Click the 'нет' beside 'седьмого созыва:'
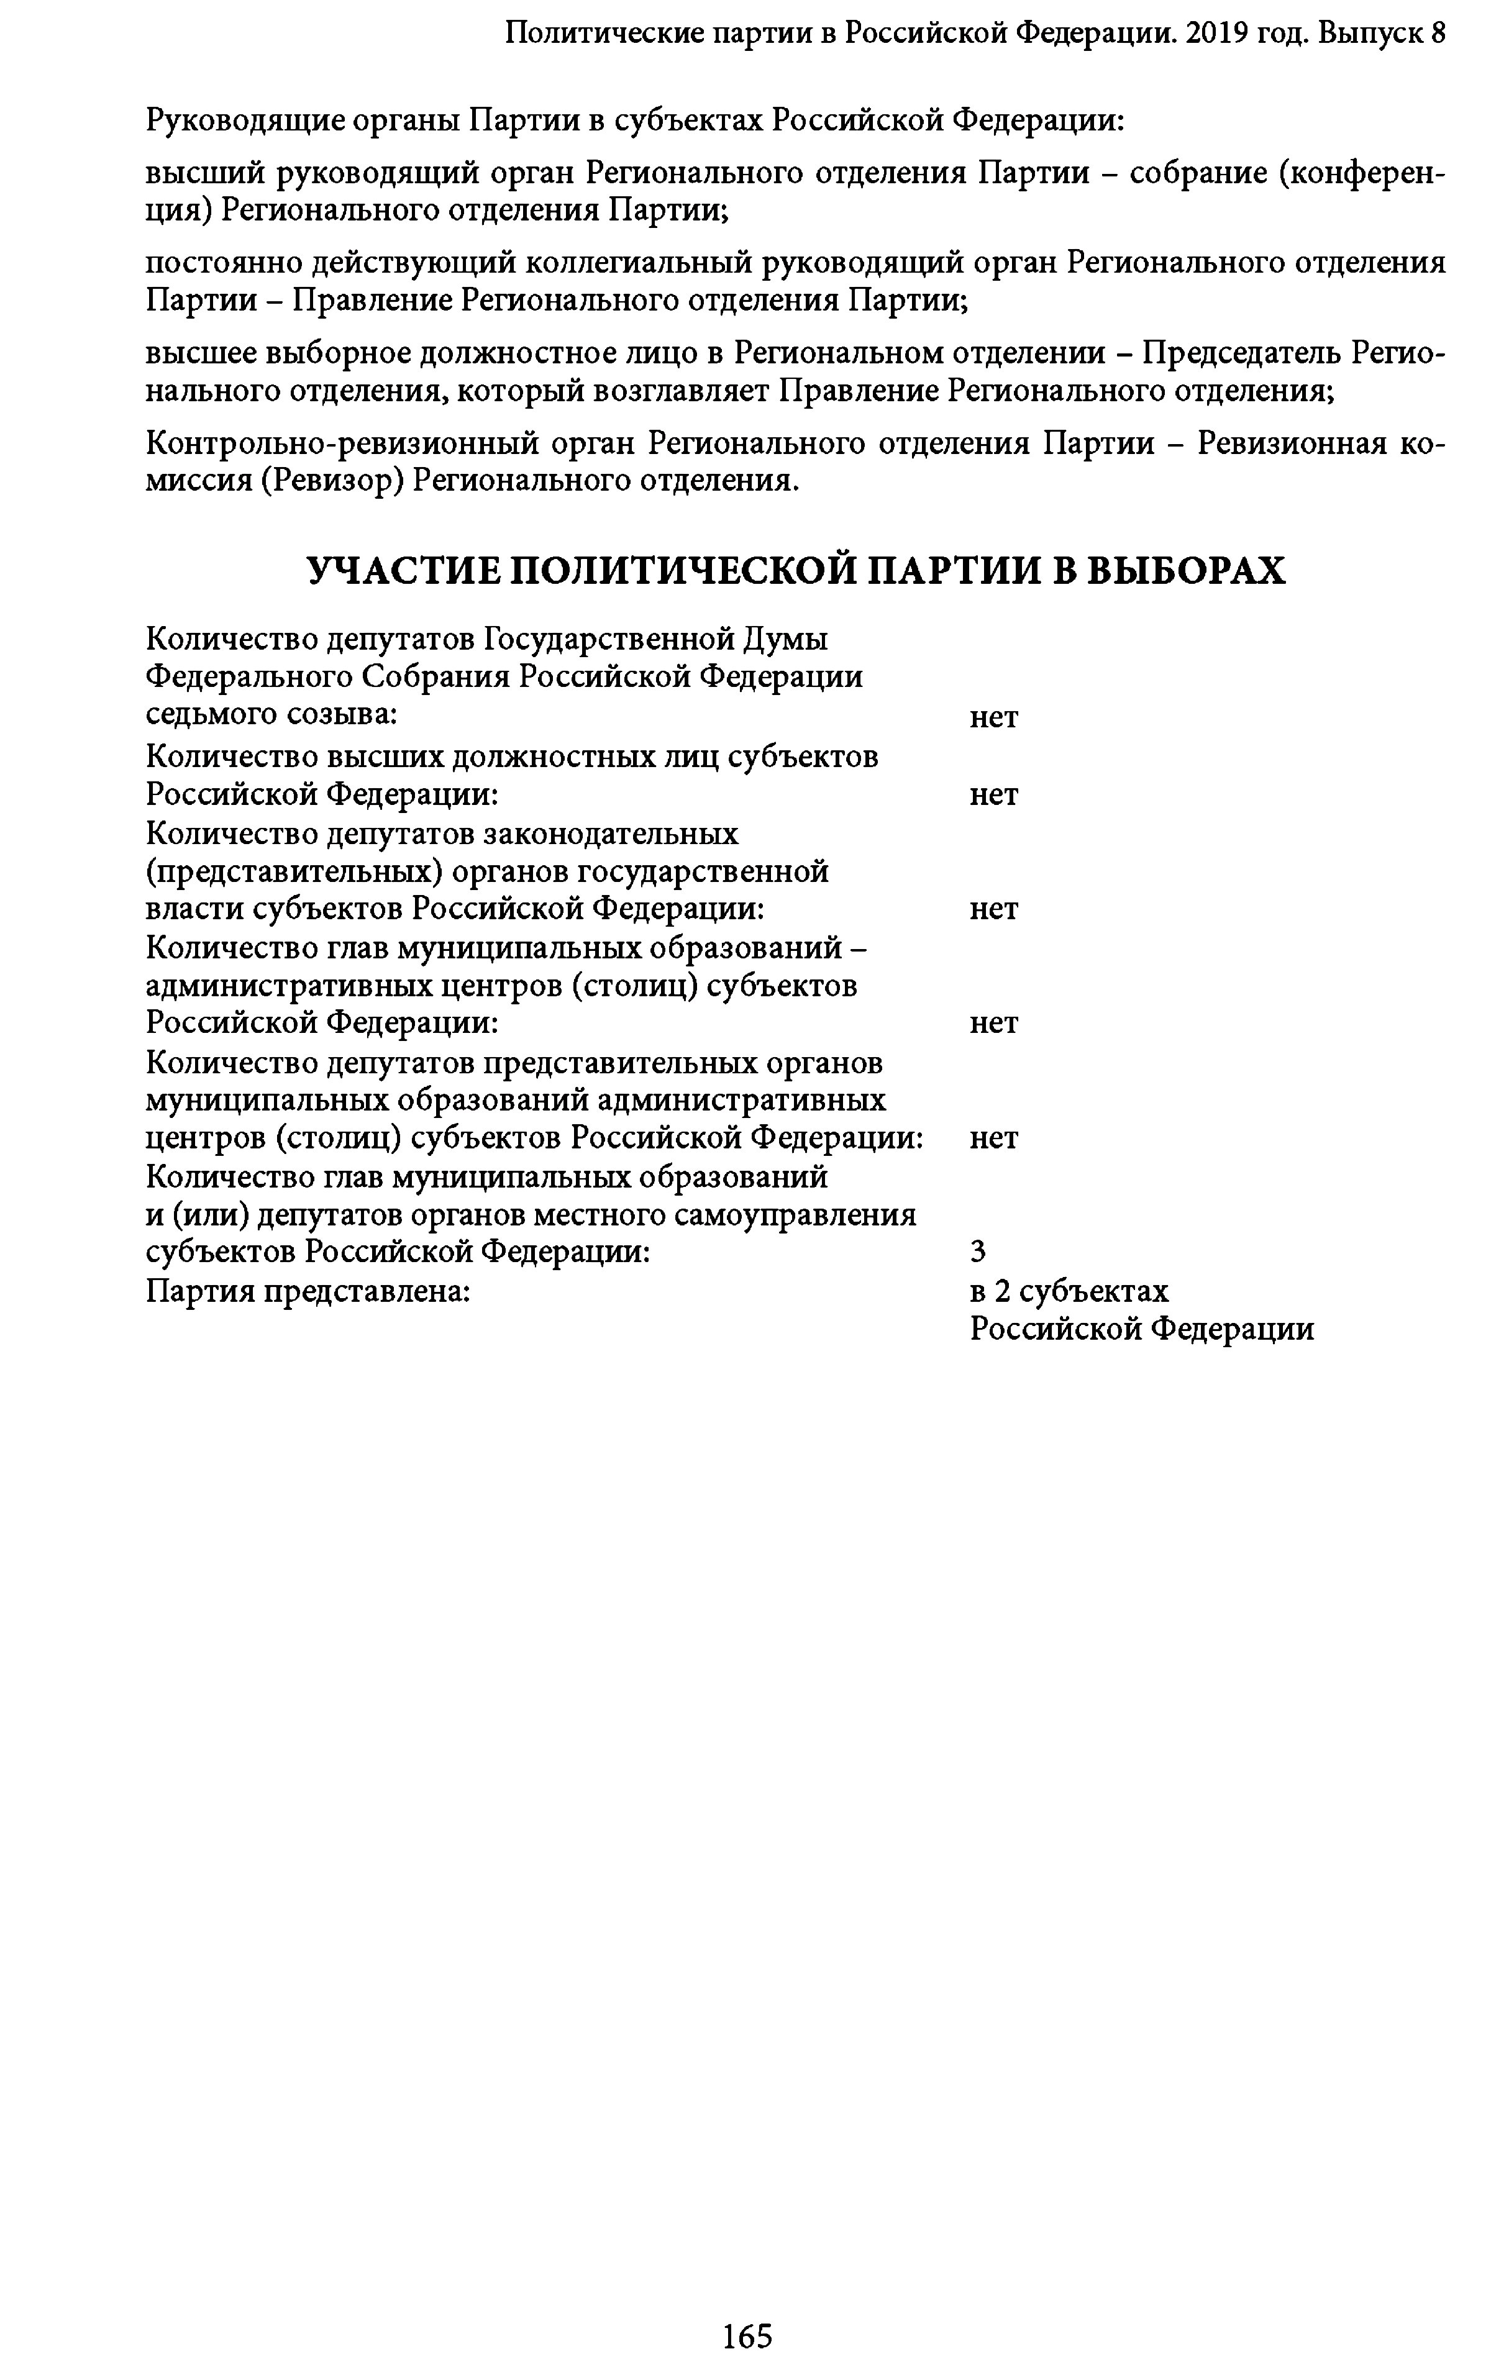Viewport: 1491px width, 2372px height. [993, 717]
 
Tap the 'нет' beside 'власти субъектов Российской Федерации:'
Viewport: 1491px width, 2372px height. [993, 908]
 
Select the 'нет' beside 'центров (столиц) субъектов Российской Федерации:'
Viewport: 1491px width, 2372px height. [993, 1138]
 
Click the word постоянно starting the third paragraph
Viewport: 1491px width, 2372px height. [222, 263]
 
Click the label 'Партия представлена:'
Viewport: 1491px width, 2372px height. [308, 1291]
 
